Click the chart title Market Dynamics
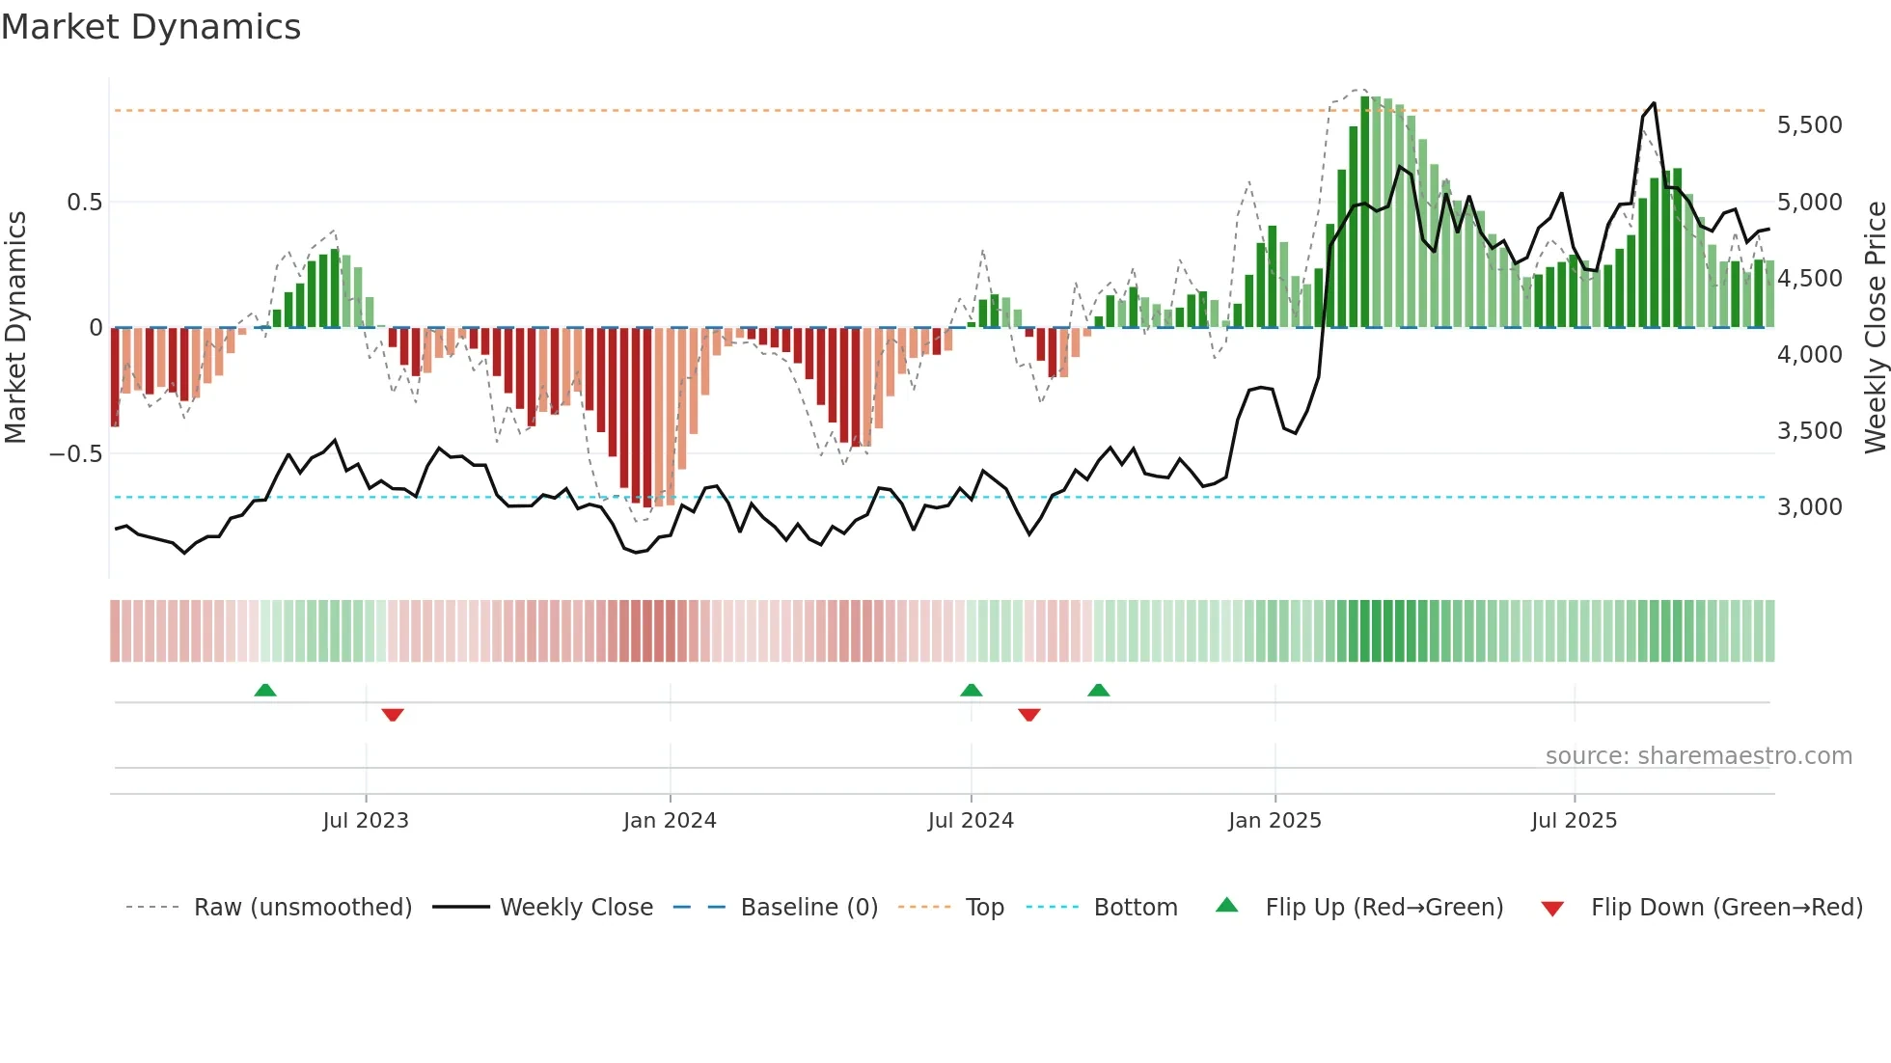[151, 27]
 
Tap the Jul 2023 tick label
[366, 821]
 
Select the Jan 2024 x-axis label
[670, 821]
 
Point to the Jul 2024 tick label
[971, 821]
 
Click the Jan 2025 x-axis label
[1274, 821]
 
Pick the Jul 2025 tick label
[1574, 821]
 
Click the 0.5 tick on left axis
[84, 203]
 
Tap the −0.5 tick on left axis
[75, 454]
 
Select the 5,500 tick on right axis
[1809, 125]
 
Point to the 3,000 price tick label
[1809, 507]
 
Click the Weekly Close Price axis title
[1875, 327]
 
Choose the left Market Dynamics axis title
[15, 327]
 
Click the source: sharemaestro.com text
[1698, 756]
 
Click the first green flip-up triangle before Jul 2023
[265, 690]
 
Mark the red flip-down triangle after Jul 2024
[1029, 715]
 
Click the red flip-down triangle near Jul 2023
[393, 715]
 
